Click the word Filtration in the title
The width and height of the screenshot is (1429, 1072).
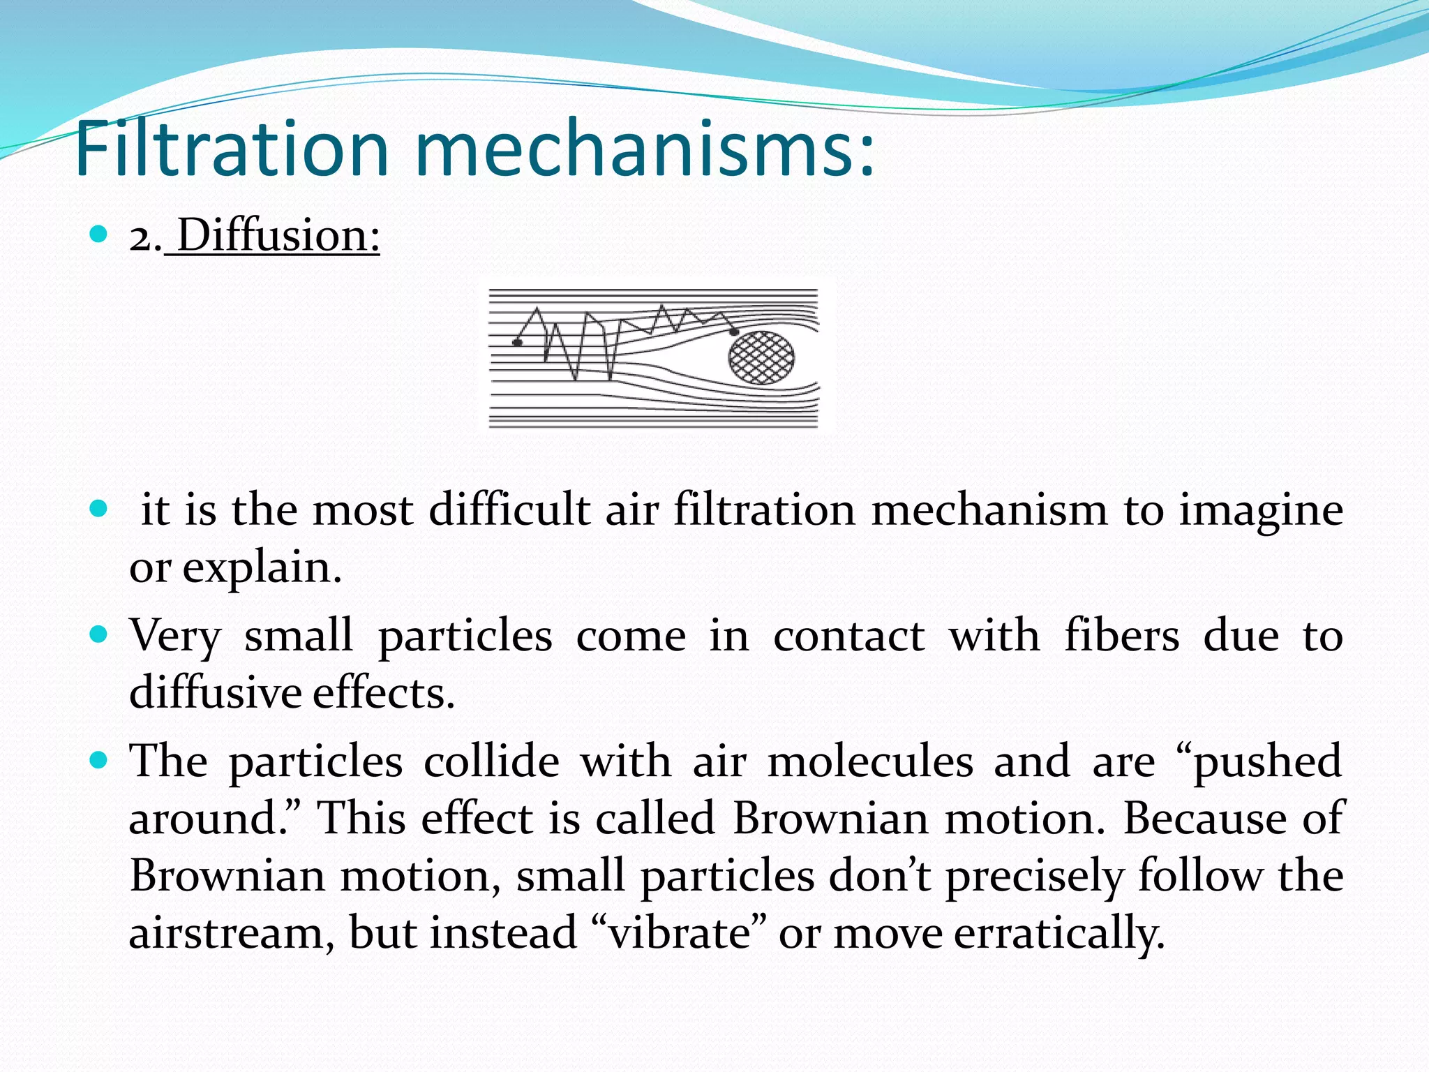[x=230, y=149]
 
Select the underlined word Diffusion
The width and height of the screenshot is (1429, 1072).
[x=278, y=235]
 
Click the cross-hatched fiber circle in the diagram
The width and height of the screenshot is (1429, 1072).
[x=761, y=358]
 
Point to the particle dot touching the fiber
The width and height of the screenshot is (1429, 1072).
[x=734, y=332]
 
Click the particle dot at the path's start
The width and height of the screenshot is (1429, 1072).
[x=517, y=342]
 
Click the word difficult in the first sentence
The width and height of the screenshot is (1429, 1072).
[x=509, y=509]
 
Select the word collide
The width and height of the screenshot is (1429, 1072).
[x=492, y=760]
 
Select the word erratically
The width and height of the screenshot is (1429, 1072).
[x=1058, y=934]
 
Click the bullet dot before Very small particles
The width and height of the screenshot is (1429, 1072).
[x=99, y=634]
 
